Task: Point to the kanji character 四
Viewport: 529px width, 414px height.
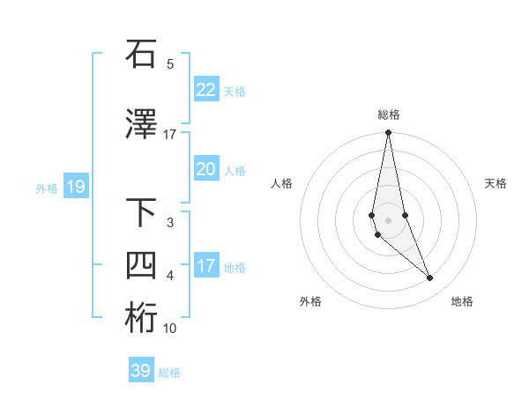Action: click(141, 265)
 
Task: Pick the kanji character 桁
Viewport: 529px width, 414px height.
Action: click(141, 318)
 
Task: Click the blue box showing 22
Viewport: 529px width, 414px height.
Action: click(205, 89)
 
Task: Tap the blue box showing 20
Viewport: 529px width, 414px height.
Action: click(205, 169)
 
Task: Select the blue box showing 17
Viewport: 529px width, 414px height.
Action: click(205, 266)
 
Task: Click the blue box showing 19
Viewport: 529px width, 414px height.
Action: click(75, 187)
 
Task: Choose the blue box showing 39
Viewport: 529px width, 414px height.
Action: click(140, 371)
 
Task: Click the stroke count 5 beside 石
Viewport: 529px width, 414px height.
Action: click(170, 63)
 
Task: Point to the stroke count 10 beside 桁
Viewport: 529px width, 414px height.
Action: click(170, 329)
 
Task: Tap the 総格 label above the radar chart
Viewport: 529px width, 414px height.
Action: click(388, 115)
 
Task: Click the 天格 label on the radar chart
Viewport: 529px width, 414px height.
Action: click(496, 183)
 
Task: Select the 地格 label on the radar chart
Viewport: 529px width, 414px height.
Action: click(462, 301)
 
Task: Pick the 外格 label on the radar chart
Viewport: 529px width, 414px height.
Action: click(310, 301)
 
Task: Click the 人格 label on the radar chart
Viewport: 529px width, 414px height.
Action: click(281, 183)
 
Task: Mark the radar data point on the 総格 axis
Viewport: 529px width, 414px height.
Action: click(388, 133)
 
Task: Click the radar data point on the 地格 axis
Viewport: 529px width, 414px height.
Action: click(430, 278)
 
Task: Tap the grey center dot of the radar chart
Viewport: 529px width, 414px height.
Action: click(388, 219)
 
